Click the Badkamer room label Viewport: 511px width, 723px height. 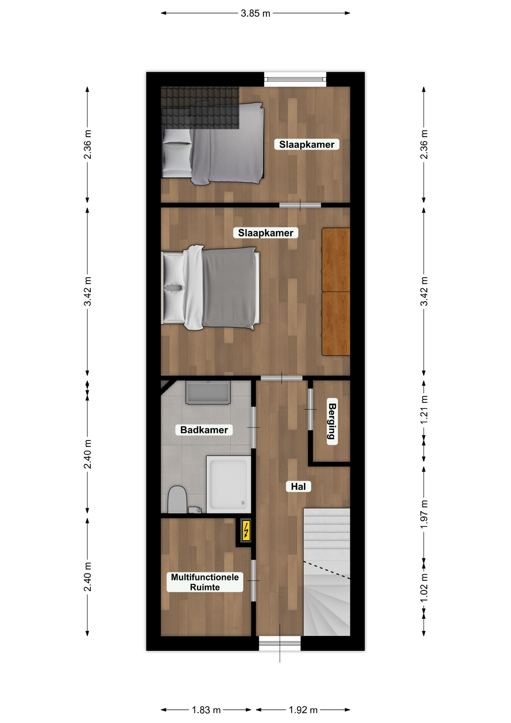(x=204, y=430)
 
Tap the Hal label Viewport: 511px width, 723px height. (x=298, y=487)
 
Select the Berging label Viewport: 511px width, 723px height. (x=332, y=421)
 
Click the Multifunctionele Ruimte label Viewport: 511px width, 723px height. (x=205, y=582)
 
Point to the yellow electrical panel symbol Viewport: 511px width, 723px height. (x=246, y=531)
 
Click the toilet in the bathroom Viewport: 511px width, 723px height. (x=177, y=500)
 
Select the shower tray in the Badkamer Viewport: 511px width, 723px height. (x=228, y=484)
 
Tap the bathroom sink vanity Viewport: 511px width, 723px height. (x=208, y=392)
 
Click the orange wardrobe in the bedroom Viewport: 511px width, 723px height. (x=336, y=291)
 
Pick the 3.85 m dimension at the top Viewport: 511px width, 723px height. (x=255, y=14)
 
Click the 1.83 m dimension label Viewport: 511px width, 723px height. (x=206, y=710)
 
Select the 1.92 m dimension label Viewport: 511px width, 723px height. (x=303, y=710)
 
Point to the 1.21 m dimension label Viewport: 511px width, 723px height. (x=424, y=410)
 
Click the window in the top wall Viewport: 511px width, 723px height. (x=295, y=79)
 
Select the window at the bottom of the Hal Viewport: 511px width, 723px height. (x=280, y=643)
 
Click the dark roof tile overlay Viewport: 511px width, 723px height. (x=200, y=108)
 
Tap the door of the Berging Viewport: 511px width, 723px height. (x=310, y=409)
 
